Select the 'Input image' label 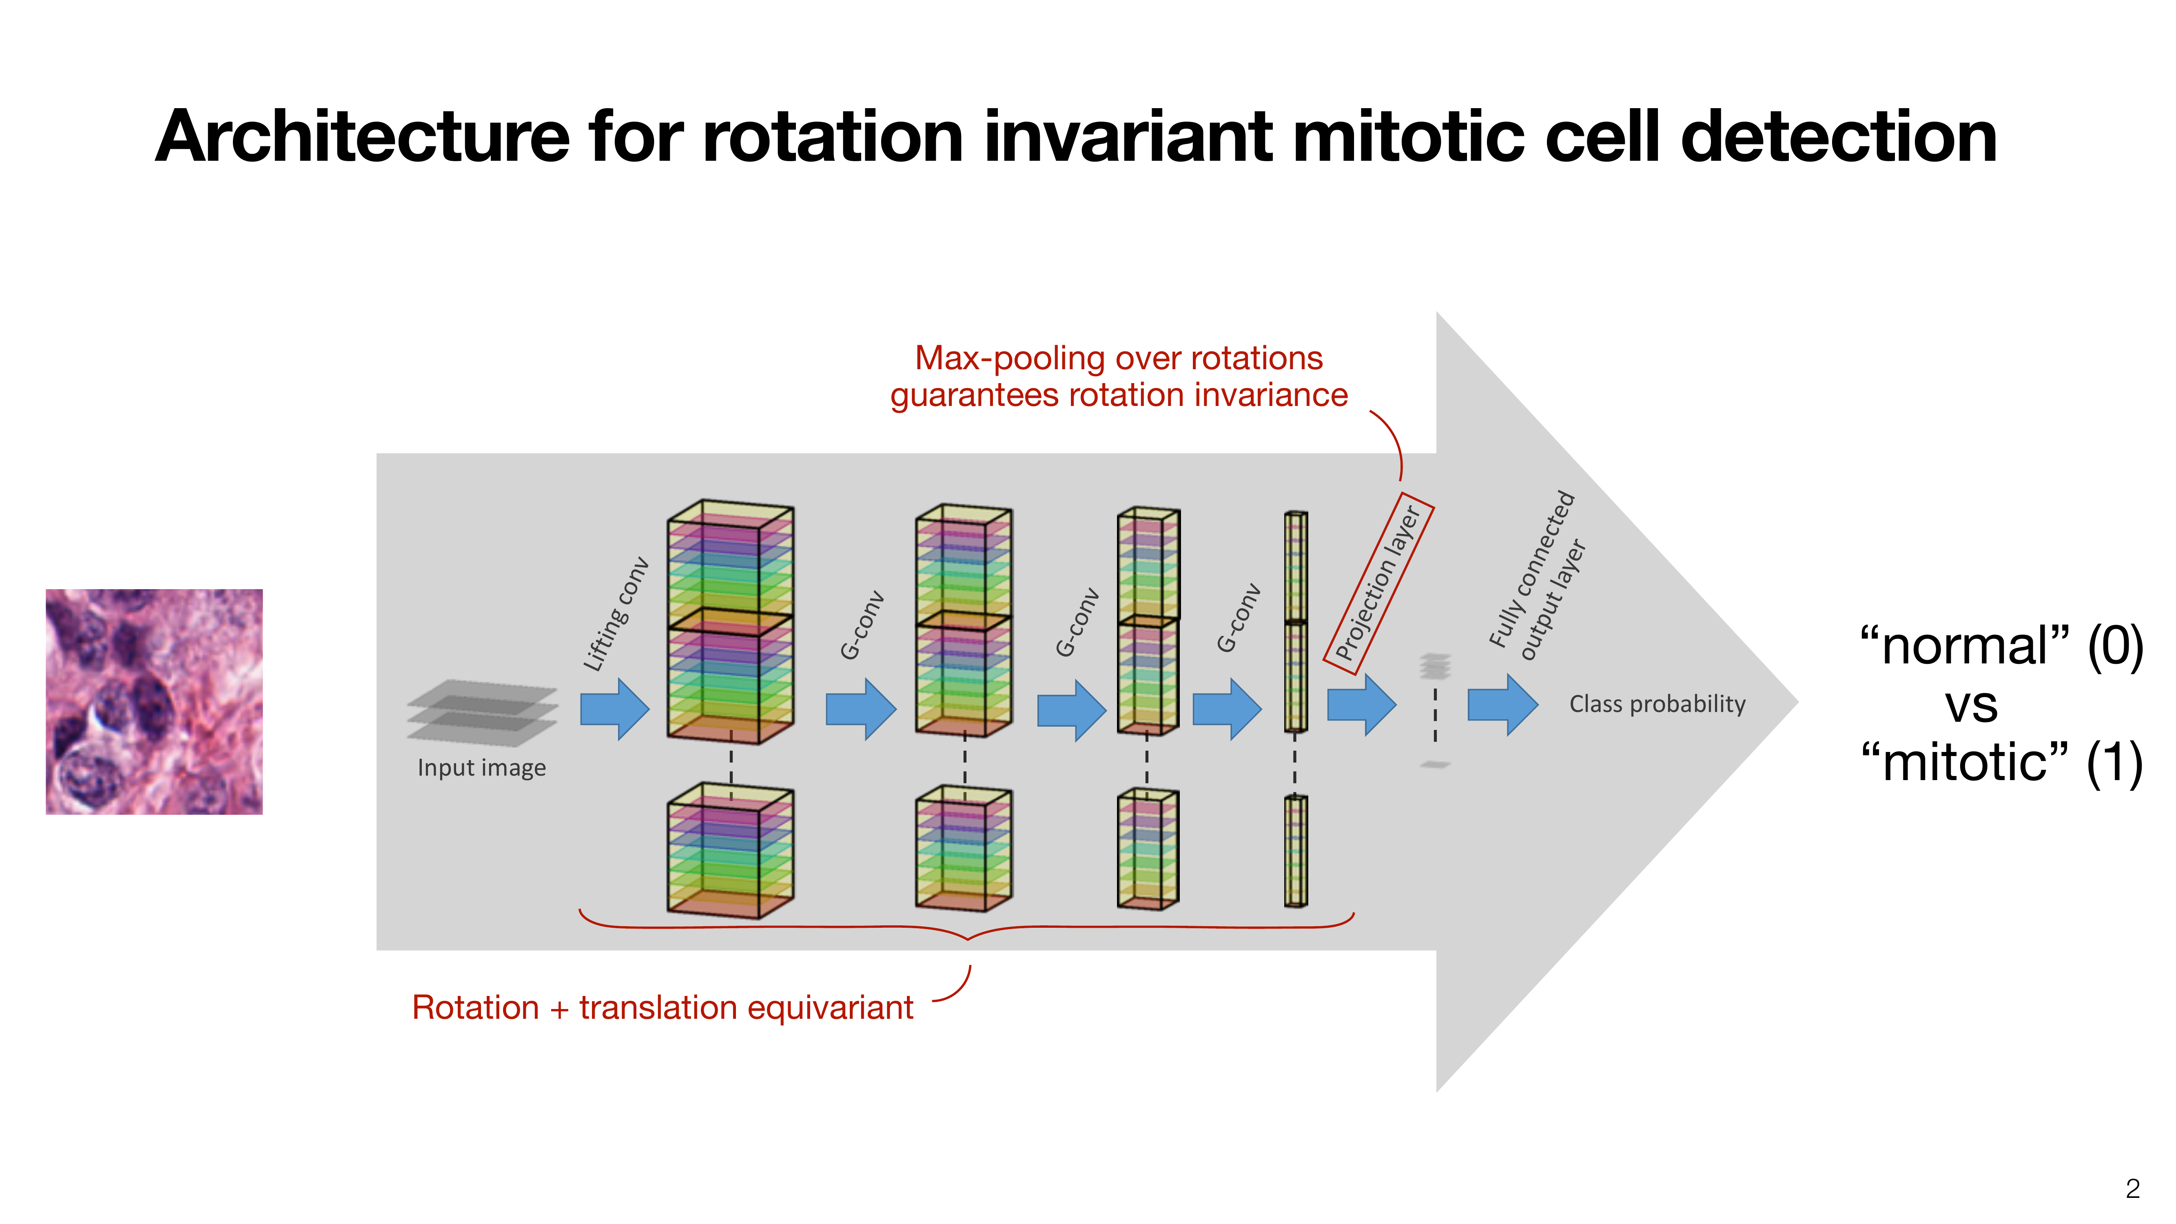pyautogui.click(x=481, y=768)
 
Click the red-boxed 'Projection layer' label pyautogui.click(x=1378, y=583)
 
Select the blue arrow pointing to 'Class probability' pyautogui.click(x=1502, y=704)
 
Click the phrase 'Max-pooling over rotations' pyautogui.click(x=1119, y=358)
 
